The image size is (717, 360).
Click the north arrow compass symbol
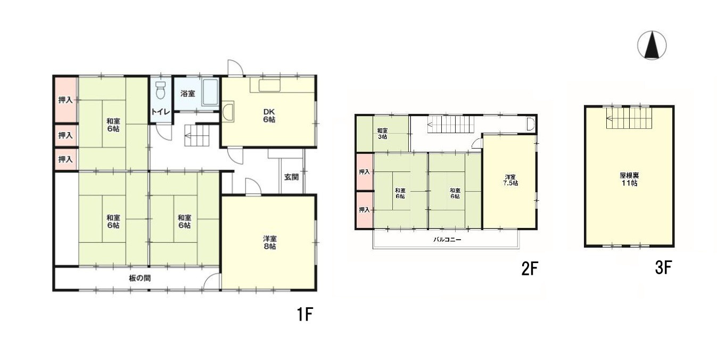coord(652,45)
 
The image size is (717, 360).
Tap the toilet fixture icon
coord(160,90)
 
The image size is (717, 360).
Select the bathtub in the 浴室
coord(210,92)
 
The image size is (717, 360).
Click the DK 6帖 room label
coord(269,116)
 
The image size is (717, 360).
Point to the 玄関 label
coord(291,177)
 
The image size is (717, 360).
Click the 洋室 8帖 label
coord(270,242)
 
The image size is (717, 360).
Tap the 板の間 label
coord(140,279)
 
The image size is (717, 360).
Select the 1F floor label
coord(304,314)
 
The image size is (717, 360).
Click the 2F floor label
coord(530,268)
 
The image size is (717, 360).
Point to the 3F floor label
coord(663,268)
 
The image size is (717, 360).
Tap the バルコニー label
coord(447,239)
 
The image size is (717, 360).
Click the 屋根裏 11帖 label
coord(629,179)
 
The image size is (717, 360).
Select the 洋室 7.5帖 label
coord(510,180)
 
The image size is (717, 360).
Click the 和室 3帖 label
coord(382,134)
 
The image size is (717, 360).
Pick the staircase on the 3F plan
coord(629,118)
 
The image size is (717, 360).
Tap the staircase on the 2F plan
coord(450,124)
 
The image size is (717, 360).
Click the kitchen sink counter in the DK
coord(269,86)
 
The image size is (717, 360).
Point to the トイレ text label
coord(160,112)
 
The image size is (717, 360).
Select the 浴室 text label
coord(187,94)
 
